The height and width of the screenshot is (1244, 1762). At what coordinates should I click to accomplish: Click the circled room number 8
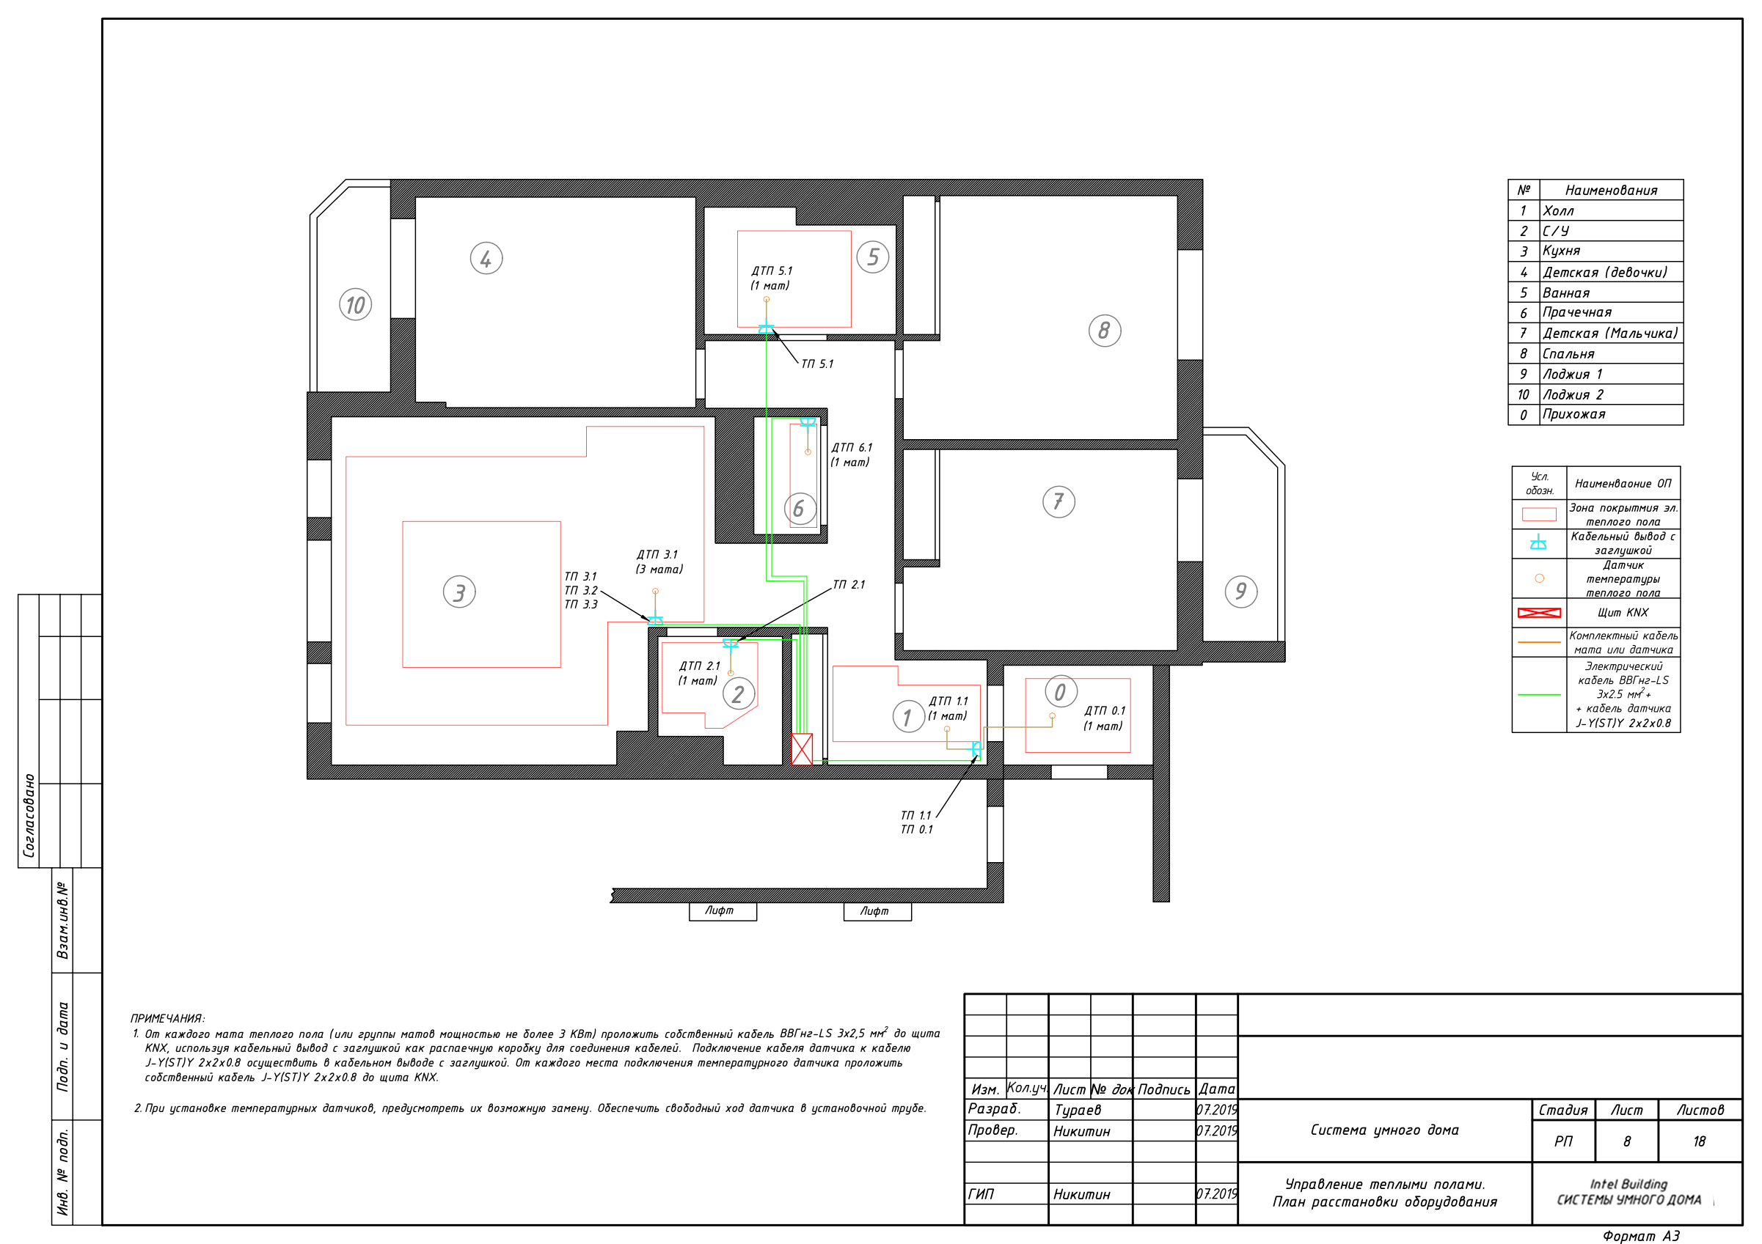click(1104, 331)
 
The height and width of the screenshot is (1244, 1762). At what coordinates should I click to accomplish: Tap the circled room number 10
click(355, 304)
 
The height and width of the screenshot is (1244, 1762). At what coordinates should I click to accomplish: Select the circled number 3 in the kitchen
click(459, 592)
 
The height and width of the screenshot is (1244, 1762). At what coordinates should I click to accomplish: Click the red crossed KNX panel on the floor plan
click(802, 749)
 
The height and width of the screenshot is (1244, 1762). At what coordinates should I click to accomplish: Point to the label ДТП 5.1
click(772, 270)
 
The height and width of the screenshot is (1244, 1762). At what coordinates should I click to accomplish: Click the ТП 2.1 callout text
click(849, 584)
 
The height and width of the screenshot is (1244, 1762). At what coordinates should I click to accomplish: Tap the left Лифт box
click(723, 911)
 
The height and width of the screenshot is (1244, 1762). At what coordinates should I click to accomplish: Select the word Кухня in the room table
click(1562, 251)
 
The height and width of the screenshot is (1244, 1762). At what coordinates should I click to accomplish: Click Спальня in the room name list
click(1568, 353)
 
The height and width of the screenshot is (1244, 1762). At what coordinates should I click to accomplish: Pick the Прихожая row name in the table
click(1574, 414)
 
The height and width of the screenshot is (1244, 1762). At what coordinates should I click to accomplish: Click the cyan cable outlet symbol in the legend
click(1539, 542)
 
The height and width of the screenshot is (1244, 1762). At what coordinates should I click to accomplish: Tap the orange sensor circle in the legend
click(1540, 578)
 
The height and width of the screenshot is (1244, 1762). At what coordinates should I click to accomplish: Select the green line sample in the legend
click(1539, 694)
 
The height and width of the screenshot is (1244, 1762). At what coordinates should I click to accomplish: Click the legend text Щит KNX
click(1623, 612)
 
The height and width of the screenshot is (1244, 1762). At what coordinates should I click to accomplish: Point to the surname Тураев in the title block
click(1078, 1110)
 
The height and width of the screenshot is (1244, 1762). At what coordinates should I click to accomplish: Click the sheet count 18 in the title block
click(1700, 1141)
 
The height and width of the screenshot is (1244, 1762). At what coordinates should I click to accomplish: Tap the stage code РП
click(1563, 1141)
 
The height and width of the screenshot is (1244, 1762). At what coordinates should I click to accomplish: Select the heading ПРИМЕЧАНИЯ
click(167, 1018)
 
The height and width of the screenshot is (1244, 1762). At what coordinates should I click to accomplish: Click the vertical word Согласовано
click(29, 815)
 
